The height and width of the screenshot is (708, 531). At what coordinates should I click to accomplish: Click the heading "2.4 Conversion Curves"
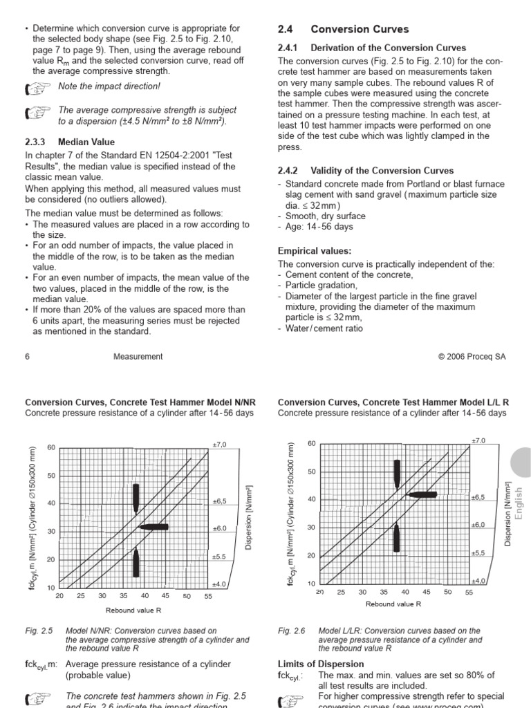click(343, 29)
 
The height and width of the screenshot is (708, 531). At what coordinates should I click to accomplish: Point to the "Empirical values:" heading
click(315, 251)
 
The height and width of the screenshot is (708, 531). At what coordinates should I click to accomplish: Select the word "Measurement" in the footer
click(138, 357)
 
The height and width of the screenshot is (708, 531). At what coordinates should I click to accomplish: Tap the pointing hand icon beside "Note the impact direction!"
click(37, 88)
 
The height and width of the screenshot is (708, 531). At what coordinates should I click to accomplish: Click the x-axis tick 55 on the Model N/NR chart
click(208, 596)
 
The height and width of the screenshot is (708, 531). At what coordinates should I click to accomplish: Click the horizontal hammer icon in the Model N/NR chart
click(153, 527)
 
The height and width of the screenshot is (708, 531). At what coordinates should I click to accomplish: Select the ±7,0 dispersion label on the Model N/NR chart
click(220, 444)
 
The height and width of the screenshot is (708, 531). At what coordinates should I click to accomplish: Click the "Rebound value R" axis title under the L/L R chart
click(393, 604)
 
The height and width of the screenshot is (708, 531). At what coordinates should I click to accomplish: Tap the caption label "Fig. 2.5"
click(38, 631)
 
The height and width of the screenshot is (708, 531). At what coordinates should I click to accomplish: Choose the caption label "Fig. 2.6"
click(291, 631)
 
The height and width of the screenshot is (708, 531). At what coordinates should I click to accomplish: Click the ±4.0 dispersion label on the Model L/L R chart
click(479, 581)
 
